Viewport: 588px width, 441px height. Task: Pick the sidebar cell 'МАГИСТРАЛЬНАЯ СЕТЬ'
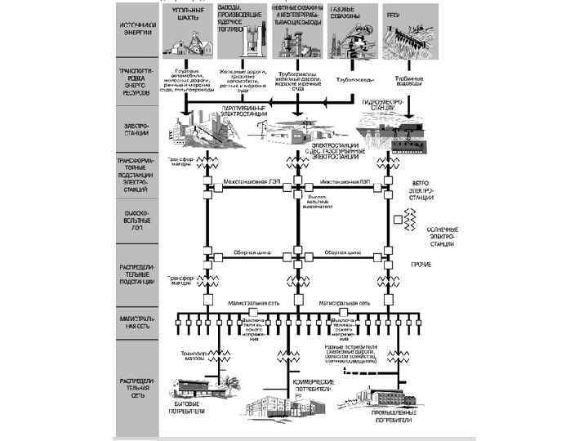tap(135, 322)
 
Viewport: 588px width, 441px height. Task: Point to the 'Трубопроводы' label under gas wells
tap(355, 80)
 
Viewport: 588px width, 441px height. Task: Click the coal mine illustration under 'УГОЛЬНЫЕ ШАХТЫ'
tap(185, 42)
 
